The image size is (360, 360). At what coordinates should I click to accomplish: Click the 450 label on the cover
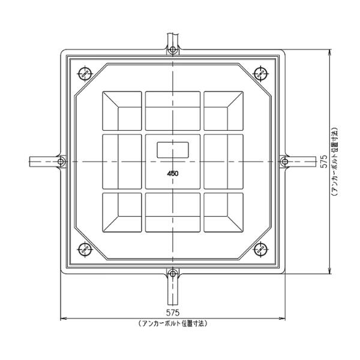173,173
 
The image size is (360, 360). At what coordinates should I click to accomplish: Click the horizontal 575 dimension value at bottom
173,313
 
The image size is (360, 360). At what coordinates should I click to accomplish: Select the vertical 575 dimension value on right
324,161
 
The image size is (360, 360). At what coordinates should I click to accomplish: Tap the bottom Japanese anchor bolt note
173,323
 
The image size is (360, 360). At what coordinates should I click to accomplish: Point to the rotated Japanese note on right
335,161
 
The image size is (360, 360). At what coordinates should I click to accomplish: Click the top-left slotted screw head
85,74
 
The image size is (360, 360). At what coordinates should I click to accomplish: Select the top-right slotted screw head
260,74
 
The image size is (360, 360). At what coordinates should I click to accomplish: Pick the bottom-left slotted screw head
85,249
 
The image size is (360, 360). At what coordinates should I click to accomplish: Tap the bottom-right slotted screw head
260,249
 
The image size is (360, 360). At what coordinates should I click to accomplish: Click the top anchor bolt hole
173,49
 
